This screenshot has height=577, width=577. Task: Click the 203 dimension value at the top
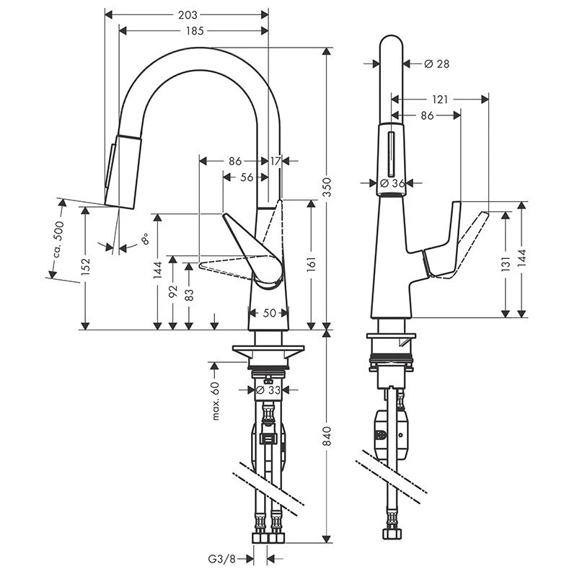tap(187, 14)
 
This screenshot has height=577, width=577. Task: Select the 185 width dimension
tap(195, 30)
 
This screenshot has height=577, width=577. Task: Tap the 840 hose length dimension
tap(327, 436)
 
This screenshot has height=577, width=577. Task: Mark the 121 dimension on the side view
tap(440, 99)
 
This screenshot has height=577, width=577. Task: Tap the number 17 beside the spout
tap(276, 161)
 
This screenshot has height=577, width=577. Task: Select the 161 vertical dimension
tap(312, 263)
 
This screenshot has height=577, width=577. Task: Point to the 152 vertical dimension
tap(86, 266)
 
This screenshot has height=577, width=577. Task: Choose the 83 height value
tap(189, 295)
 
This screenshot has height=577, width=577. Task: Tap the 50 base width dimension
tap(268, 313)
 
